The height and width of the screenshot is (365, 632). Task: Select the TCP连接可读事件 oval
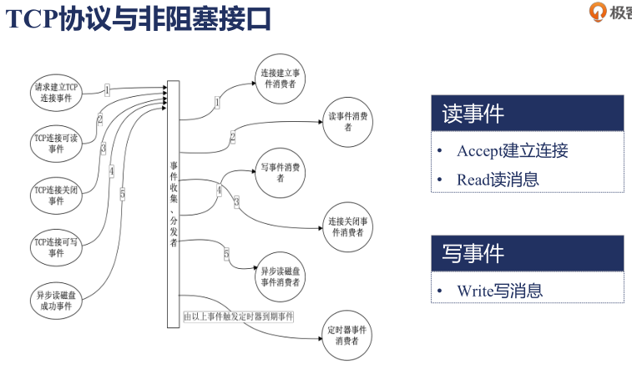[x=55, y=143]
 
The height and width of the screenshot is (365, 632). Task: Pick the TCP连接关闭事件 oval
[x=55, y=195]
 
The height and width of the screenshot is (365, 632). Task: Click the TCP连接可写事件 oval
[x=55, y=246]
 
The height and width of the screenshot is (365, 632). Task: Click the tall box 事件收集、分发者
[x=173, y=200]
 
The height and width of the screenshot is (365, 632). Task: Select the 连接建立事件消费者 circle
[x=280, y=79]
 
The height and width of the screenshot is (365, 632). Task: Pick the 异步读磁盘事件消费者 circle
[x=280, y=276]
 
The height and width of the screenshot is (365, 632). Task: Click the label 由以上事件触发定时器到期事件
[x=239, y=317]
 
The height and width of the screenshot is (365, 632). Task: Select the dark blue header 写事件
[x=527, y=253]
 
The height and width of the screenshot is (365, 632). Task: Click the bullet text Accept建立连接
[x=512, y=151]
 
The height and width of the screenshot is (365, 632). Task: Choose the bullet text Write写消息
[x=499, y=291]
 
